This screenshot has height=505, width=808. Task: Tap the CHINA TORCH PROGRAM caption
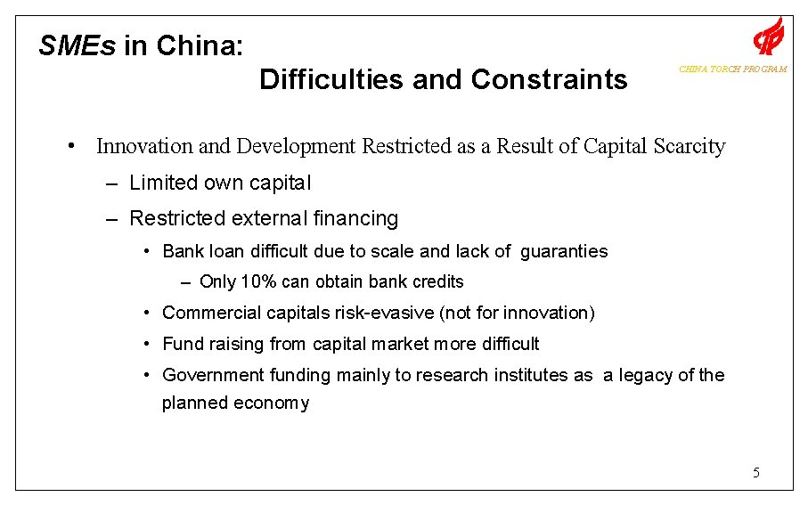[732, 69]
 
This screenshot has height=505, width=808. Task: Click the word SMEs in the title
[78, 45]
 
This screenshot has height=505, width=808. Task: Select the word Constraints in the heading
[549, 79]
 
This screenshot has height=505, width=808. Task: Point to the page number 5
[755, 471]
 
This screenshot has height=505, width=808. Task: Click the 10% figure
[258, 281]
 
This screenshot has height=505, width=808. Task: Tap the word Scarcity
[686, 146]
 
